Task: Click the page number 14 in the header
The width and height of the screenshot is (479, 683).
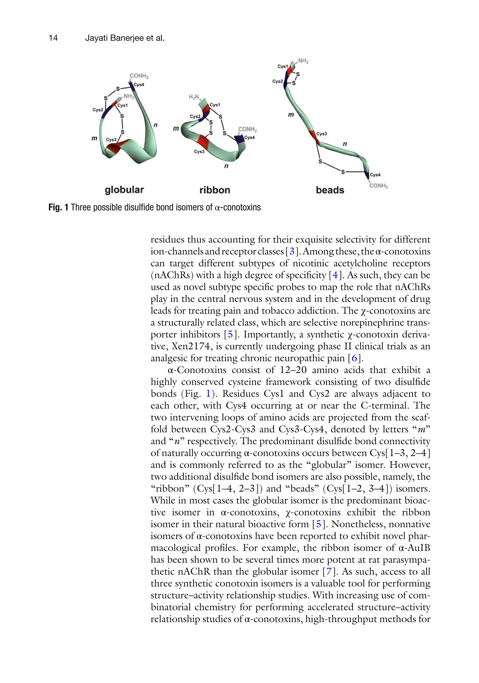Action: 53,38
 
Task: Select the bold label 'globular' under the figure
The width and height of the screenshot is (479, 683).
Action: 124,190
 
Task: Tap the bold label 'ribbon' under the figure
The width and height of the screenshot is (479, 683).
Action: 215,190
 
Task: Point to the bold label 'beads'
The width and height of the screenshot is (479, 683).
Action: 330,190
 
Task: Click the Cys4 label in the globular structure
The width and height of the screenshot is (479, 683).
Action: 139,85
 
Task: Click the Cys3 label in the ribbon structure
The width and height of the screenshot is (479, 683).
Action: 199,151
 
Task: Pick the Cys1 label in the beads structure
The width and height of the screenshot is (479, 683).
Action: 283,66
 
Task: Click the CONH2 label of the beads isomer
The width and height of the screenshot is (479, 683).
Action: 378,186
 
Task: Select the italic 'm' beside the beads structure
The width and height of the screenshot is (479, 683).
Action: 291,115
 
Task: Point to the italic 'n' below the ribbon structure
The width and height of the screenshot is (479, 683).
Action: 226,166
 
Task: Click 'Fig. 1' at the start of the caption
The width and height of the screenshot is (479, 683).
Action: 58,207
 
